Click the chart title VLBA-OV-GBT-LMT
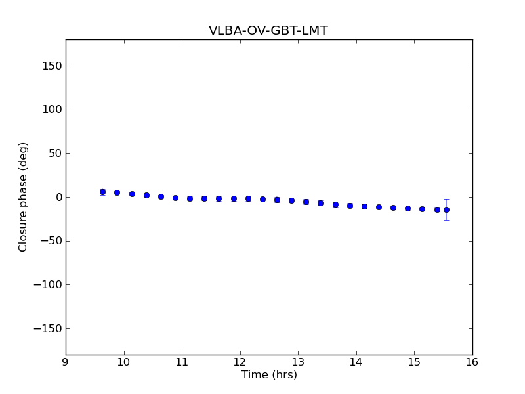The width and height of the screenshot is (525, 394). [x=268, y=31]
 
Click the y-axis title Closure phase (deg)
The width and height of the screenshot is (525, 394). [x=24, y=197]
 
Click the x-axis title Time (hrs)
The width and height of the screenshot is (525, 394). [x=269, y=375]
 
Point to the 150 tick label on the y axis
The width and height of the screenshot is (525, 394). [x=52, y=66]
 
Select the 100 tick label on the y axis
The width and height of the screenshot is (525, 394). [x=52, y=110]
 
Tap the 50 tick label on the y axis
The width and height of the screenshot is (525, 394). [x=55, y=153]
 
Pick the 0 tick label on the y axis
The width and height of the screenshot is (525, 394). [x=58, y=197]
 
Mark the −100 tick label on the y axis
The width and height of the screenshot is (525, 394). [x=49, y=284]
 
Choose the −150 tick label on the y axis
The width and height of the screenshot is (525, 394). [x=49, y=328]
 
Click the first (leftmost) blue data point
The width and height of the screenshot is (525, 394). [x=102, y=192]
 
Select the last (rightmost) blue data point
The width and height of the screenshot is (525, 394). [x=446, y=209]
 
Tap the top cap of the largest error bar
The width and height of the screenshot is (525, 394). [x=446, y=199]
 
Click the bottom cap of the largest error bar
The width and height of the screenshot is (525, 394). [x=446, y=219]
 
